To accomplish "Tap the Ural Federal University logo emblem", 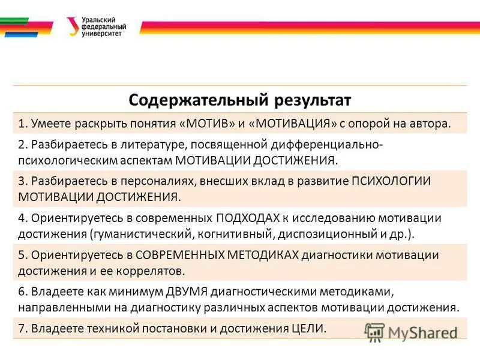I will pos(71,26).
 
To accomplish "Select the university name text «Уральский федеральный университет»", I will pos(104,27).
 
